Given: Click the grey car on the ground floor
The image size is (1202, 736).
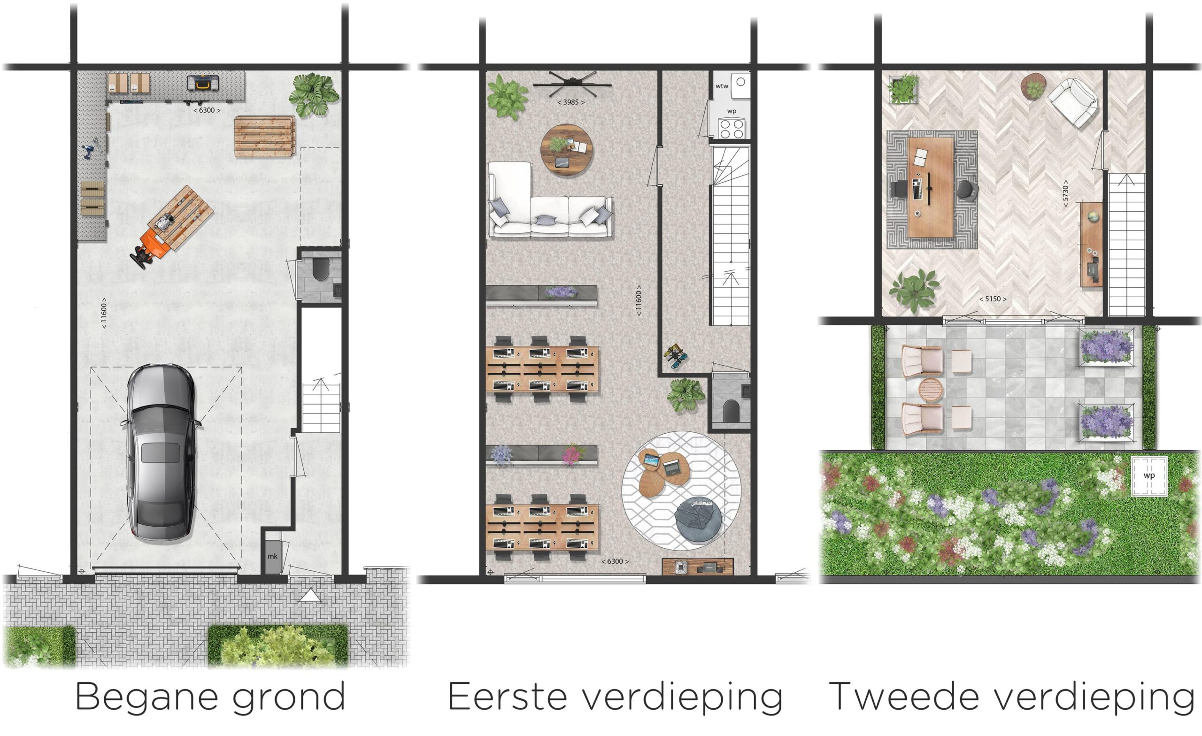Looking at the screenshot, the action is pos(161,452).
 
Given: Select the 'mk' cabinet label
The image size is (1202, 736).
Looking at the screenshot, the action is pos(272,556).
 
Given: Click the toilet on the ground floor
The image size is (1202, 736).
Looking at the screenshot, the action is pos(321,270).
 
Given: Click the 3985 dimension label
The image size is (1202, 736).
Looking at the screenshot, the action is pos(571,102).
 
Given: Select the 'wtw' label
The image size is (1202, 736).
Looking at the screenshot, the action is pos(722,86).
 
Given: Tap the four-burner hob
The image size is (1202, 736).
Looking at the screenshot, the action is pos(732,128).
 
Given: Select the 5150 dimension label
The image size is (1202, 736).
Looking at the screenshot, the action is pos(993,299).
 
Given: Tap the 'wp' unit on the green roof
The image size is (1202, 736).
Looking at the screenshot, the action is pos(1149,475).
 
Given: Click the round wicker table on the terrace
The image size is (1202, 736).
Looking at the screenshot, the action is pos(932,390).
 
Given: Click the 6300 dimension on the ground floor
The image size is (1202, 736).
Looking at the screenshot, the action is pos(207,110).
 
